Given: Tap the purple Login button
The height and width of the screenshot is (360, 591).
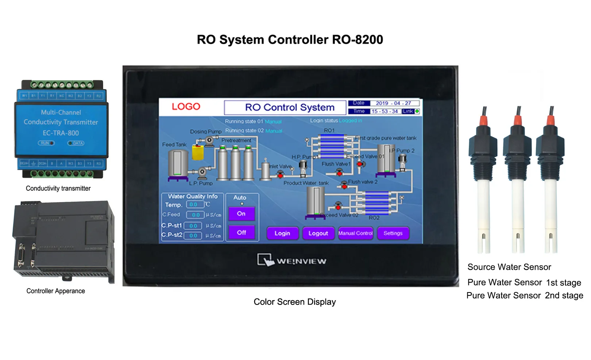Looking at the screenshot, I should pos(282,233).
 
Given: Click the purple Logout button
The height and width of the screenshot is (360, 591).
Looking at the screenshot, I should pos(318,233).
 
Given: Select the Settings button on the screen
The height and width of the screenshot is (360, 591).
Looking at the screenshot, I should pos(393,233).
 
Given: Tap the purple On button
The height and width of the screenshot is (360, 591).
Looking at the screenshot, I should pos(241,214).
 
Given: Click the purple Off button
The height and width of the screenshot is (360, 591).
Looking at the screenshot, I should pos(241,233).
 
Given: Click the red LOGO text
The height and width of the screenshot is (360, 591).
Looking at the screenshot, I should pos(186,107).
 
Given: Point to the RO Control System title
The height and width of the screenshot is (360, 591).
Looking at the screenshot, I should pos(290,108).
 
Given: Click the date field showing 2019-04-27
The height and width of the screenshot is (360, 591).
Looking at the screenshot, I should pos(394,103).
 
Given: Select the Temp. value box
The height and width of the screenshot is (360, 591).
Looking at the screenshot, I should pos(194,205).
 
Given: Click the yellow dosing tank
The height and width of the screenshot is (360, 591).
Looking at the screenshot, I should pos(198,152).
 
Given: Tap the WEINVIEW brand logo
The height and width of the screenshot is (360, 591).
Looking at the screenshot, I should pos(292,260).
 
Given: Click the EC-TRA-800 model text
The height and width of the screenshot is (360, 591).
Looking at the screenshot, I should pos(61,133).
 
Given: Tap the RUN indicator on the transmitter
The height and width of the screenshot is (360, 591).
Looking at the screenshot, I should pos(46,143).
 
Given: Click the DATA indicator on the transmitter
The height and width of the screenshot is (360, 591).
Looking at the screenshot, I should pos(76,143).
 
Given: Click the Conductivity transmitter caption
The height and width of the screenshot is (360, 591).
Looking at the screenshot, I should pos(58,189).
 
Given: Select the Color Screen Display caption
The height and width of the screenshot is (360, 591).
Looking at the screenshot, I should pos(294,302).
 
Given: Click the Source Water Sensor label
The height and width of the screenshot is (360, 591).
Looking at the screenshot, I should pos(509,267).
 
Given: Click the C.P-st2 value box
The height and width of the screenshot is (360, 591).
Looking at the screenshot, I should pos(193,236).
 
